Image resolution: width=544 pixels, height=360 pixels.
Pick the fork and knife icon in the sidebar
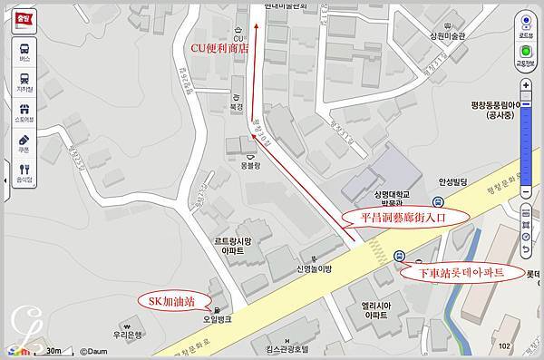pyautogui.click(x=23, y=170)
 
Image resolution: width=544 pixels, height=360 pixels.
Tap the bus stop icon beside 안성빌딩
pyautogui.click(x=438, y=202)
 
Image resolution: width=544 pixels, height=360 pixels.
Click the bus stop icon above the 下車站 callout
pyautogui.click(x=402, y=256)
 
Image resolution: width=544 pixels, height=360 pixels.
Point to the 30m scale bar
pyautogui.click(x=49, y=350)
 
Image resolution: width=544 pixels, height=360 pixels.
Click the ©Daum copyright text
pyautogui.click(x=98, y=350)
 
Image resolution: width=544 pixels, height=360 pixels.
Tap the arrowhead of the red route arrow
pyautogui.click(x=256, y=27)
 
